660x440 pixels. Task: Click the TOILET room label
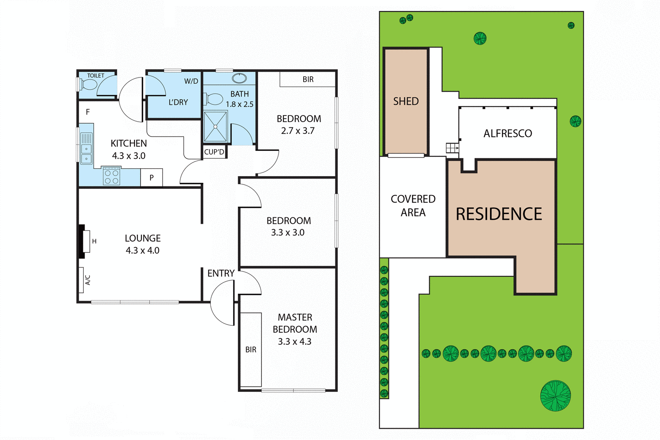tap(96, 75)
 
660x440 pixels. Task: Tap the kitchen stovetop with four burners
tap(111, 176)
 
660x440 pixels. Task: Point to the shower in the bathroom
tap(215, 127)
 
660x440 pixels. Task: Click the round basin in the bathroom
tap(239, 78)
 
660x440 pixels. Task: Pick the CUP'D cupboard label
tap(214, 152)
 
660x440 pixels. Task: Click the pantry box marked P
tap(151, 178)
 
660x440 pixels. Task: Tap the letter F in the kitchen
tap(87, 112)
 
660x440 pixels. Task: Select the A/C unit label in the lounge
tap(87, 280)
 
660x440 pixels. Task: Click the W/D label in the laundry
tap(191, 81)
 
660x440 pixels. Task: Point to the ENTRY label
tap(221, 273)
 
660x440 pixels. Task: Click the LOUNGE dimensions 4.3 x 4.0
tap(142, 250)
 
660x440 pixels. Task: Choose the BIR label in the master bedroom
tap(251, 350)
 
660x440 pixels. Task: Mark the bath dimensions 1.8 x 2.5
tap(239, 104)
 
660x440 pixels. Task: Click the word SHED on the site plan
tap(406, 101)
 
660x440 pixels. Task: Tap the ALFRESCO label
tap(508, 134)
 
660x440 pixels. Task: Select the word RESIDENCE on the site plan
tap(499, 214)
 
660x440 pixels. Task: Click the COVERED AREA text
tap(413, 205)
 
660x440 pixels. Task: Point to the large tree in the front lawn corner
tap(556, 396)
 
